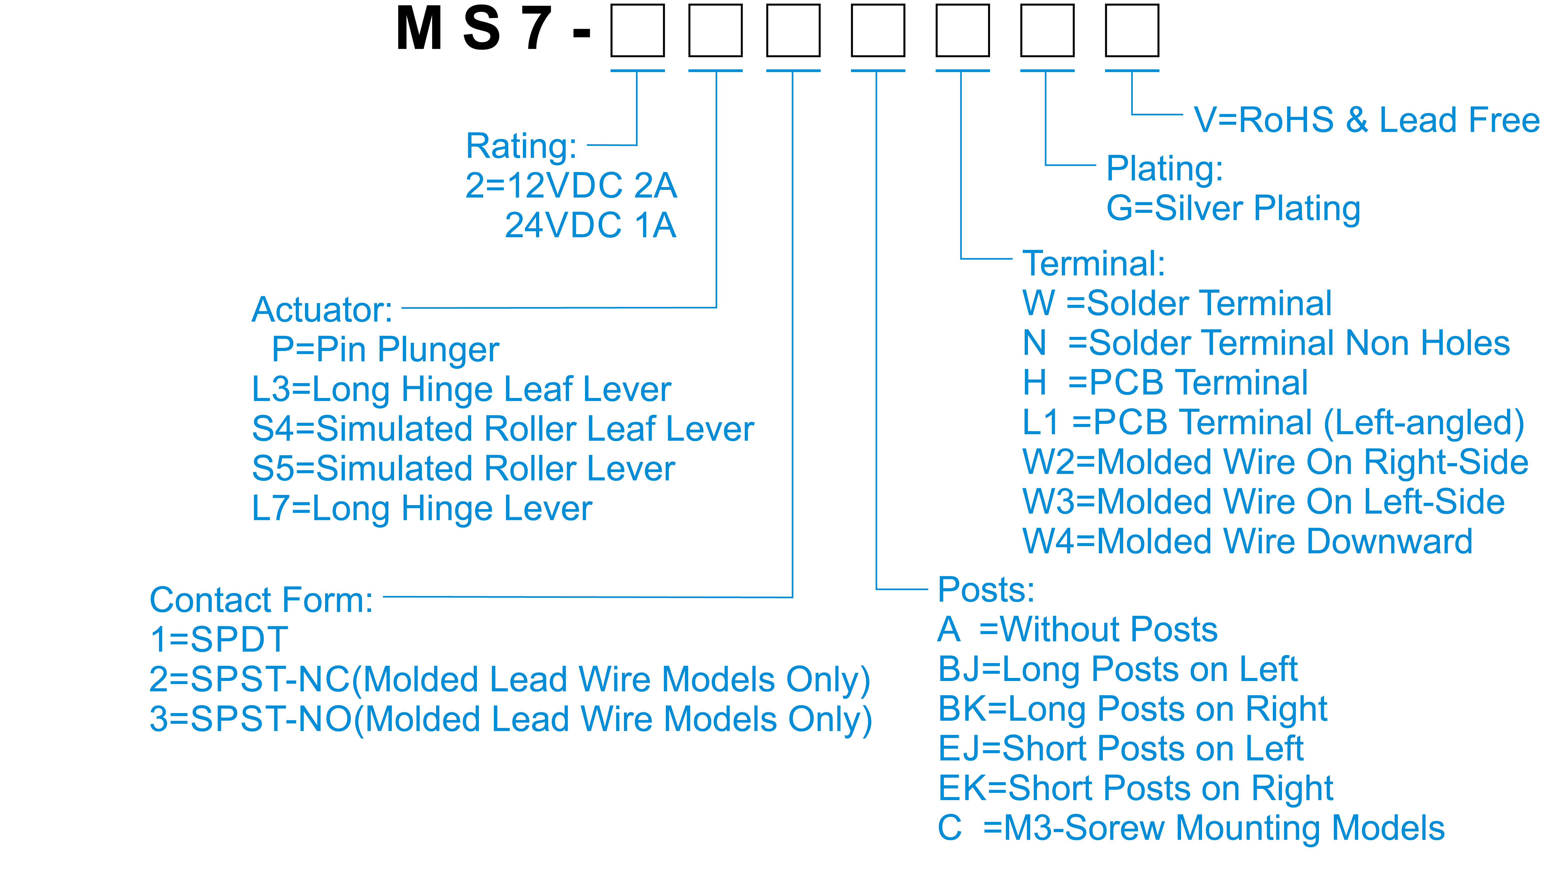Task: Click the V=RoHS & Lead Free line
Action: click(x=1366, y=120)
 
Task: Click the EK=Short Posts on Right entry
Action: click(x=1136, y=788)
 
